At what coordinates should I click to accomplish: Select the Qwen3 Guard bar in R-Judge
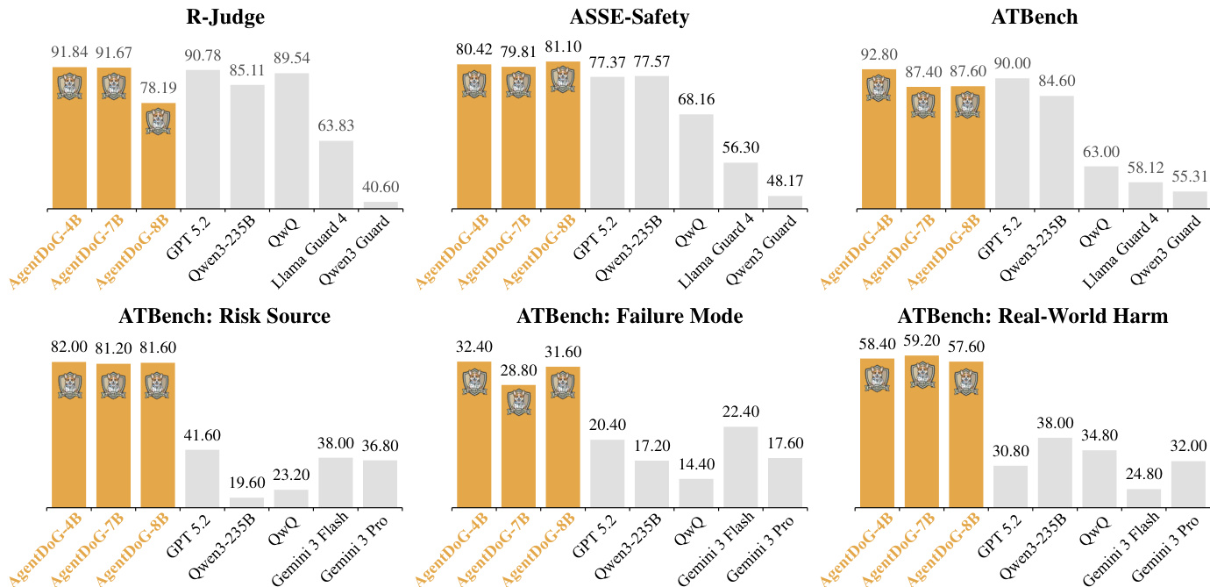pos(380,204)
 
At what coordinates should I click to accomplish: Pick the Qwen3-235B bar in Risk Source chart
pos(247,502)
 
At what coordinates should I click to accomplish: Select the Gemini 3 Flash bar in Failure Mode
pos(741,467)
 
